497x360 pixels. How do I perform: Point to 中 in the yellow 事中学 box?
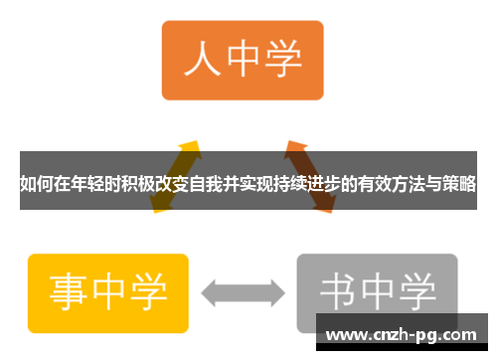click(109, 291)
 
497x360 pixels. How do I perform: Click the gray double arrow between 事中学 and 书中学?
click(243, 292)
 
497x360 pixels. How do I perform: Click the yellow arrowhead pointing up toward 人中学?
click(191, 147)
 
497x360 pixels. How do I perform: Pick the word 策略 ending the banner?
click(460, 183)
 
